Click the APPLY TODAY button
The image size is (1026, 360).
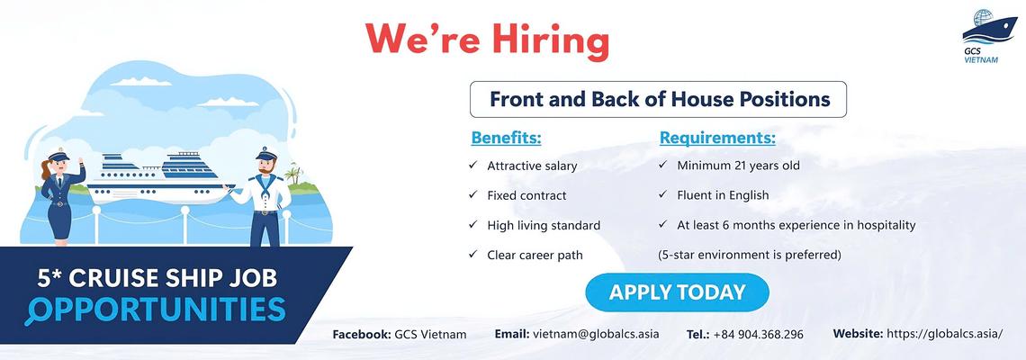coord(677,292)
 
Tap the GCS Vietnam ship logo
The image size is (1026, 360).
coord(989,35)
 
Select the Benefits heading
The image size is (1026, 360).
coord(507,138)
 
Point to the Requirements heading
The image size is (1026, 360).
coord(717,138)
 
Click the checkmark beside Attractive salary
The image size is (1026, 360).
coord(472,165)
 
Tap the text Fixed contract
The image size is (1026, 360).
coord(526,195)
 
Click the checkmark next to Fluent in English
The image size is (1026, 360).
coord(662,194)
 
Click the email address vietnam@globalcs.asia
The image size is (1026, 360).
coord(596,334)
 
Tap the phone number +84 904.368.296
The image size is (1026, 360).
coord(759,335)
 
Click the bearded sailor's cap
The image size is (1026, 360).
coord(266,154)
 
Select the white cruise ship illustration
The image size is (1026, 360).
coord(161,178)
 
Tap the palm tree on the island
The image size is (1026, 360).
coord(293,173)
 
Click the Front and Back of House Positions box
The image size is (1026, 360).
coord(658,100)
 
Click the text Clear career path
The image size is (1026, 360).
coord(535,255)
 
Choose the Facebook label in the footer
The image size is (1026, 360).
coord(362,335)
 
